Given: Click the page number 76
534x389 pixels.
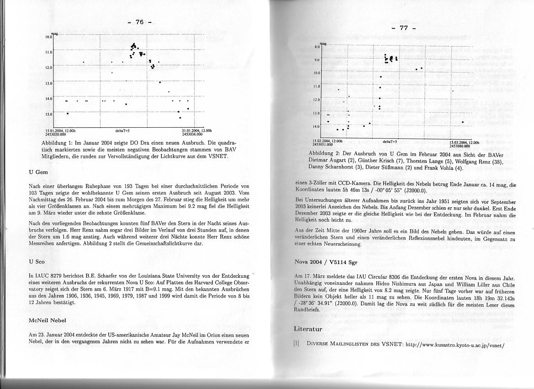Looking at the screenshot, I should pyautogui.click(x=140, y=22).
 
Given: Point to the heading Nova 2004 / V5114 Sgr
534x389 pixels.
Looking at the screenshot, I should pyautogui.click(x=325, y=263).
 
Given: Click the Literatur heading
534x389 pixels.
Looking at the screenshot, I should pyautogui.click(x=308, y=329).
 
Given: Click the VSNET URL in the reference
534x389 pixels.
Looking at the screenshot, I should pyautogui.click(x=455, y=345).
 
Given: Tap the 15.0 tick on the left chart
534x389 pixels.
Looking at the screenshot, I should pyautogui.click(x=49, y=113).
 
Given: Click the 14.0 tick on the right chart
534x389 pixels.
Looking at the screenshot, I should pyautogui.click(x=316, y=126).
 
